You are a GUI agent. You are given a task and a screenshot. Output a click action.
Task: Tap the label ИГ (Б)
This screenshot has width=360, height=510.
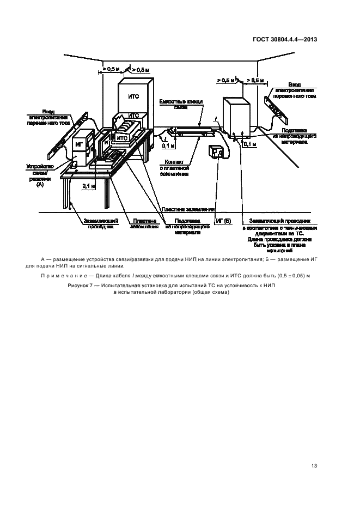[223, 221]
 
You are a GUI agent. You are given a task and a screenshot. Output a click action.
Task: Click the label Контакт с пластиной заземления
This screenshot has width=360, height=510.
[174, 168]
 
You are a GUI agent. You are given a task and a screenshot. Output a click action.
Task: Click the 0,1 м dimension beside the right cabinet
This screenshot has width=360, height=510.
[250, 144]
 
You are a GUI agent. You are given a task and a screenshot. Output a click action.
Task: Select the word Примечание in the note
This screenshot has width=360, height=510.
[68, 276]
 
